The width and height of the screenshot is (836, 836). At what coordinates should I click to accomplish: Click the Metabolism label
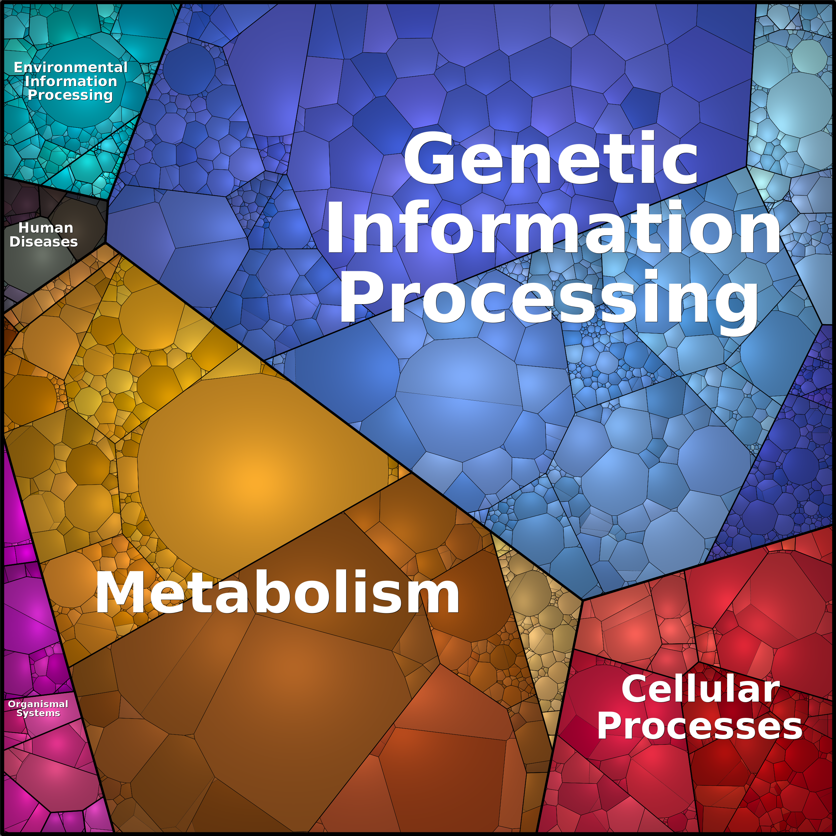277,593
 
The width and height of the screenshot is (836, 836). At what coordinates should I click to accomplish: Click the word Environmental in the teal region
71,68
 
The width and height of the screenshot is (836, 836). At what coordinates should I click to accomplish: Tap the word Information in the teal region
71,81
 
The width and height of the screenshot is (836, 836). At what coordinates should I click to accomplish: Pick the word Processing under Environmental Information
70,95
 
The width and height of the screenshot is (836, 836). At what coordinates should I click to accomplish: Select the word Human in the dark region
46,228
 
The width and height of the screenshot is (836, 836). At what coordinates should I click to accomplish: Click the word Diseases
44,242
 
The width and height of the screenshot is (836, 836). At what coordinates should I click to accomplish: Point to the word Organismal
38,704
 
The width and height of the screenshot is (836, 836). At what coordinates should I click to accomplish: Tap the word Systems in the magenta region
38,713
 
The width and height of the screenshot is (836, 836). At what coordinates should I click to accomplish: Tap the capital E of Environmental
18,68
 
